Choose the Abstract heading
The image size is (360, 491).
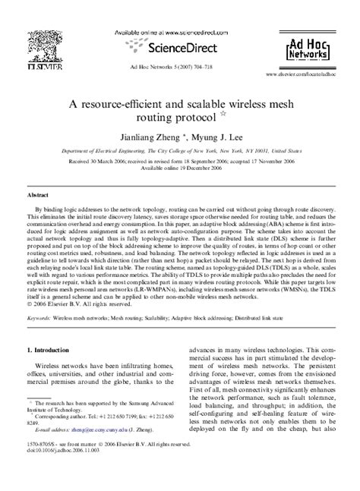(x=39, y=194)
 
